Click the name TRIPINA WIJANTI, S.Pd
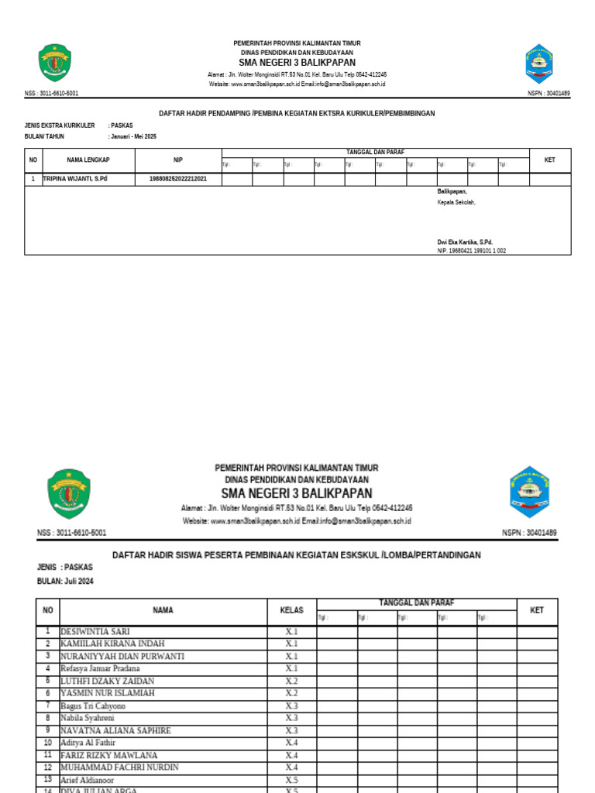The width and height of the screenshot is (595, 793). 75,179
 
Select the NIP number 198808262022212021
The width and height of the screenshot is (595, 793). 178,179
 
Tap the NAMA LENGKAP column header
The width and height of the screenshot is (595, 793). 88,160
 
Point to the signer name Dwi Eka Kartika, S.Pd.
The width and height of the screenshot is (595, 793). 465,242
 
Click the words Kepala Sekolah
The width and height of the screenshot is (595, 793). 456,202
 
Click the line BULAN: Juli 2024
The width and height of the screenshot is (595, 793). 65,581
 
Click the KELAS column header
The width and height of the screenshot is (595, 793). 291,610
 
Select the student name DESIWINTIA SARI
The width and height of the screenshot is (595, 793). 96,631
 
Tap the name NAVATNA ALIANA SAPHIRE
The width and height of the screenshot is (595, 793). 115,730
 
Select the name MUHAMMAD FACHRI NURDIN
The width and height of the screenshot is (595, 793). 119,767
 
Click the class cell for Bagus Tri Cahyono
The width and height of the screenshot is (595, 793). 291,705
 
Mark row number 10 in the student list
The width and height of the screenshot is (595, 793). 47,743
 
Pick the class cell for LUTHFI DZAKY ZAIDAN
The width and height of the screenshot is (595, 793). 291,681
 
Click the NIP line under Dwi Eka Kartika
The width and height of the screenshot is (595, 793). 472,251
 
